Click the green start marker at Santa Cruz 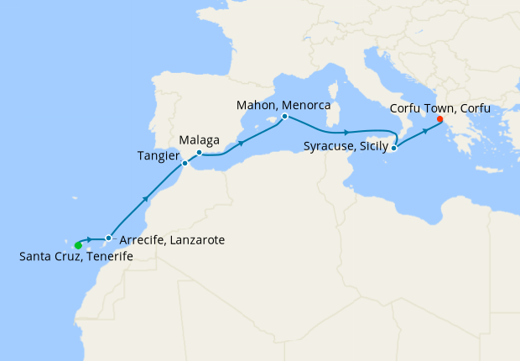pos(78,245)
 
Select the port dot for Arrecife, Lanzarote pos(108,238)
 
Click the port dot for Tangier pos(185,163)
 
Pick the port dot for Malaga pos(199,153)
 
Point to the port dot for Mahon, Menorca pos(285,117)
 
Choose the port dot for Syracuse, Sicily pos(393,149)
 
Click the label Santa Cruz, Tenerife pos(75,256)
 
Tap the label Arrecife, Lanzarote pos(172,240)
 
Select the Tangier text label pos(157,155)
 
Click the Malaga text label pos(200,139)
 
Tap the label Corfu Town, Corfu pos(441,108)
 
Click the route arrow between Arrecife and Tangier pos(148,199)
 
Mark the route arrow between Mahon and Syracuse pos(345,133)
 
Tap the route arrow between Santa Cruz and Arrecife pos(89,239)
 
